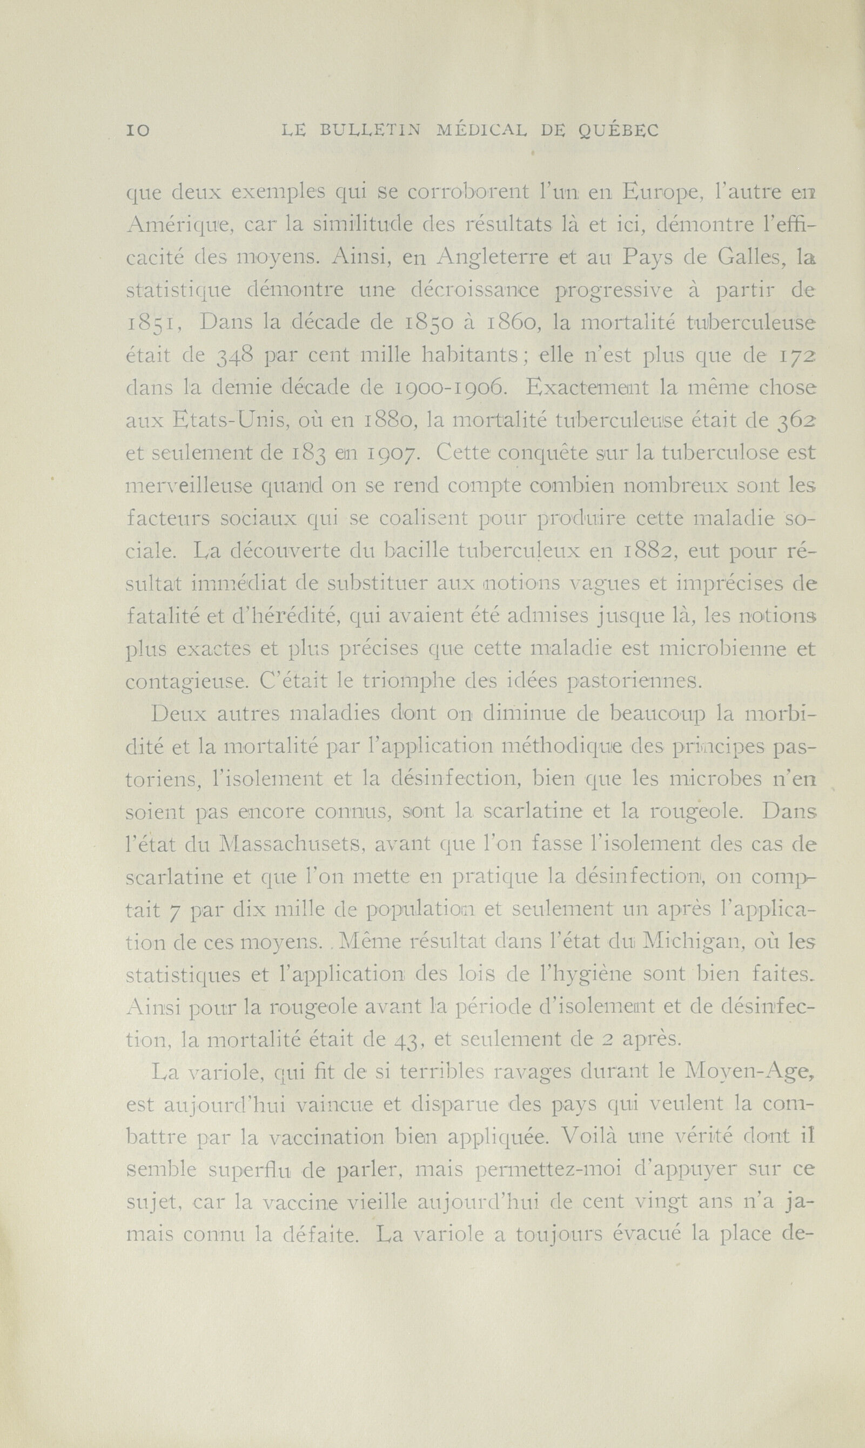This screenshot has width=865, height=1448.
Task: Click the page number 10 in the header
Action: pyautogui.click(x=138, y=131)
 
